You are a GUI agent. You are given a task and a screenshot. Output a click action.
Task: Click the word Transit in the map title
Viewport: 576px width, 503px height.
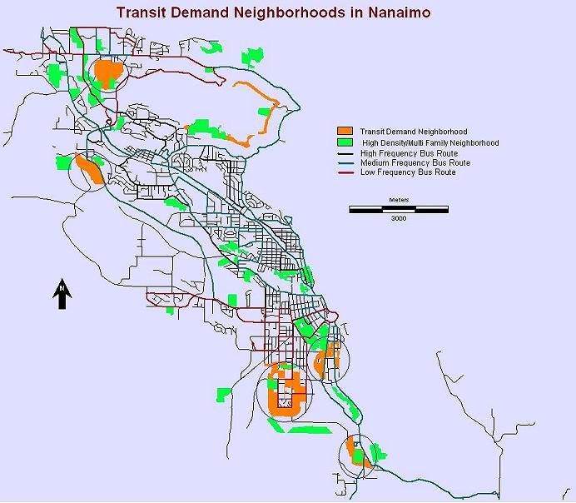tap(143, 13)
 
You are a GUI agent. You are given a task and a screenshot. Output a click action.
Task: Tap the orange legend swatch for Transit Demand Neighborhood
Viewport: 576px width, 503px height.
tap(345, 132)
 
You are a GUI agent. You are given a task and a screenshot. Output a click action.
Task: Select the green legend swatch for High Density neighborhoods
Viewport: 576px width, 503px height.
tap(345, 142)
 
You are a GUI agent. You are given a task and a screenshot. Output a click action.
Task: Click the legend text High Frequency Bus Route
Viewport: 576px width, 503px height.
tap(409, 153)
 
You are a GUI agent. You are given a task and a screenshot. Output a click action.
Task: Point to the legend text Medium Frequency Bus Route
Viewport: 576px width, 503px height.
tap(415, 163)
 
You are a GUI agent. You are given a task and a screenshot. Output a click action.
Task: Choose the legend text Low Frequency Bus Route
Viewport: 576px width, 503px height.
tap(408, 172)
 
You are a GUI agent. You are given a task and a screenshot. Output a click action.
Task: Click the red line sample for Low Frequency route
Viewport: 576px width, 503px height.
tap(345, 172)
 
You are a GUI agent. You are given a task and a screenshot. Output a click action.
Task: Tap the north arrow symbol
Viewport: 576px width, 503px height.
tap(62, 295)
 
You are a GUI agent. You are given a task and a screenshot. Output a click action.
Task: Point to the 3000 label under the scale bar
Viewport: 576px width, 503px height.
tap(398, 218)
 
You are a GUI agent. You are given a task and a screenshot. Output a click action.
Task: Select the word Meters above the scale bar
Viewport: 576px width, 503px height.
tap(398, 201)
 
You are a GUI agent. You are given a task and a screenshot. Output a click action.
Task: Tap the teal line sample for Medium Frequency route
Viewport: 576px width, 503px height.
tap(345, 163)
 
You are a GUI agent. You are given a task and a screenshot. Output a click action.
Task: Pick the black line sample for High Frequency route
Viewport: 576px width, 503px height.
tap(345, 153)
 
